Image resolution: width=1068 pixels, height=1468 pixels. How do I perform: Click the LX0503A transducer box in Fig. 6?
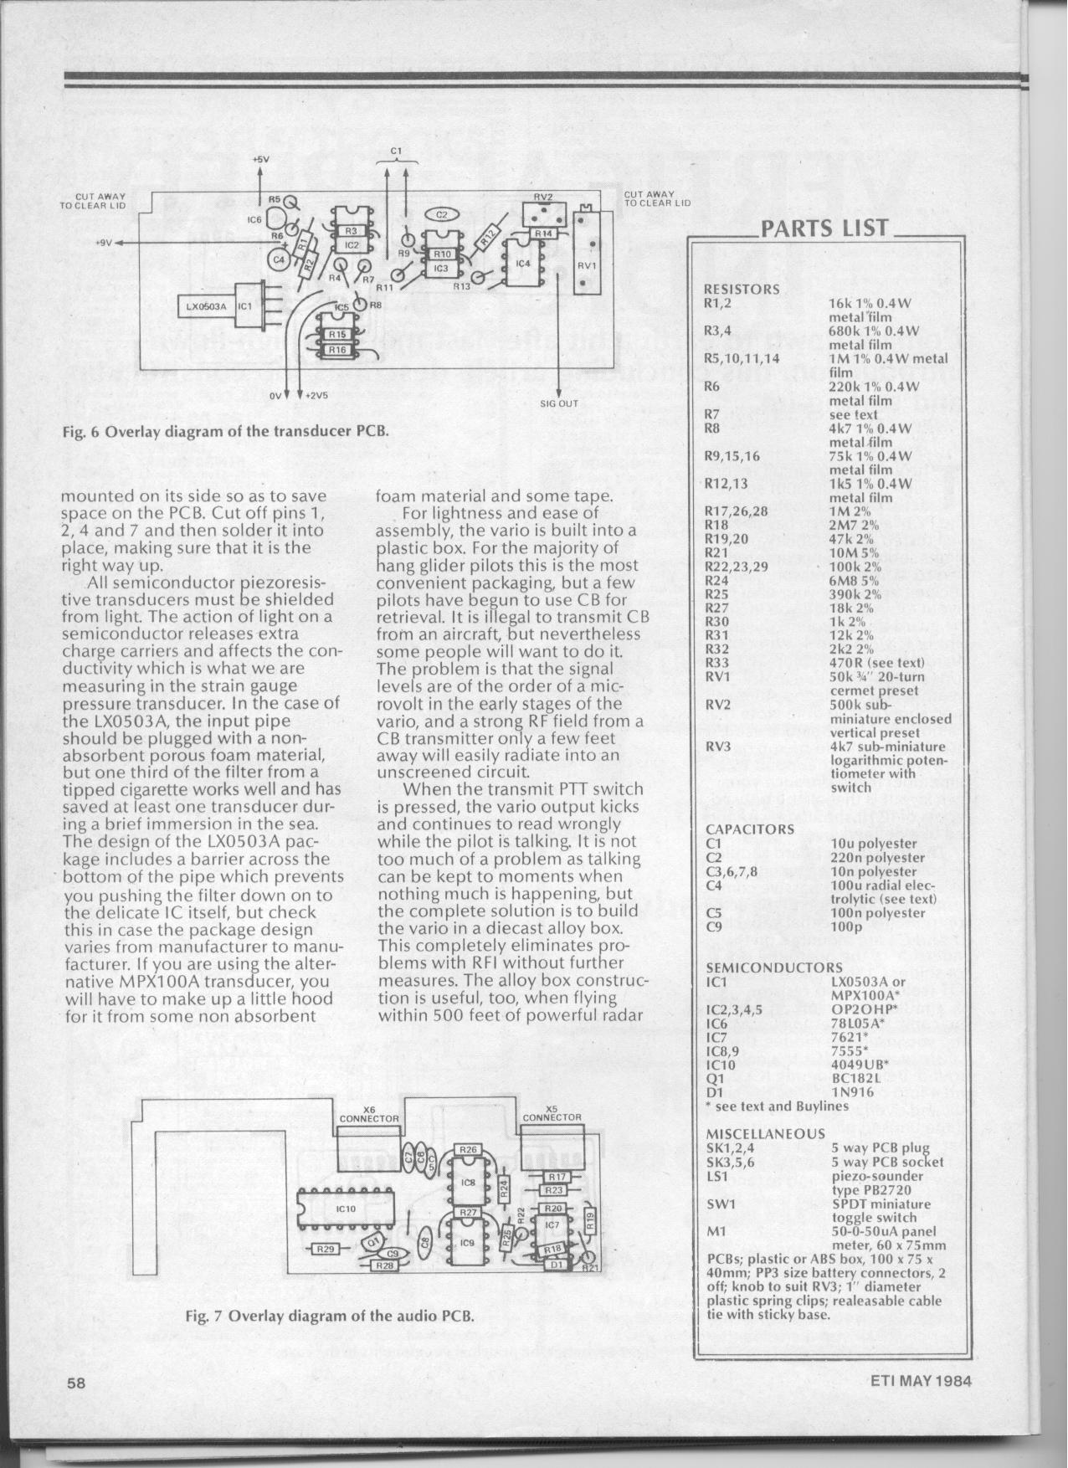[207, 306]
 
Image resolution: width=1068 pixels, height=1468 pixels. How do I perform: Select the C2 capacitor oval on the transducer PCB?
[443, 215]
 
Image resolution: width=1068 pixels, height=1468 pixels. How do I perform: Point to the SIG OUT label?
[559, 403]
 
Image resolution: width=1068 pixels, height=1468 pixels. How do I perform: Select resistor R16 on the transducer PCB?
[336, 350]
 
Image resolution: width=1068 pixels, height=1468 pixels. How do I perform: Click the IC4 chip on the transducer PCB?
[525, 264]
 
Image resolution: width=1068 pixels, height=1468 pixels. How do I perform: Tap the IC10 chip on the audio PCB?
[347, 1209]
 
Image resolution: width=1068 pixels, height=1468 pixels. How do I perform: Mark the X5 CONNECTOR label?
[552, 1112]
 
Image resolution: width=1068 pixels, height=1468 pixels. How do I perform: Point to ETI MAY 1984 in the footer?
[921, 1381]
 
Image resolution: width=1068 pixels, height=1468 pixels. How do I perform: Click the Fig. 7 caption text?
[330, 1316]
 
